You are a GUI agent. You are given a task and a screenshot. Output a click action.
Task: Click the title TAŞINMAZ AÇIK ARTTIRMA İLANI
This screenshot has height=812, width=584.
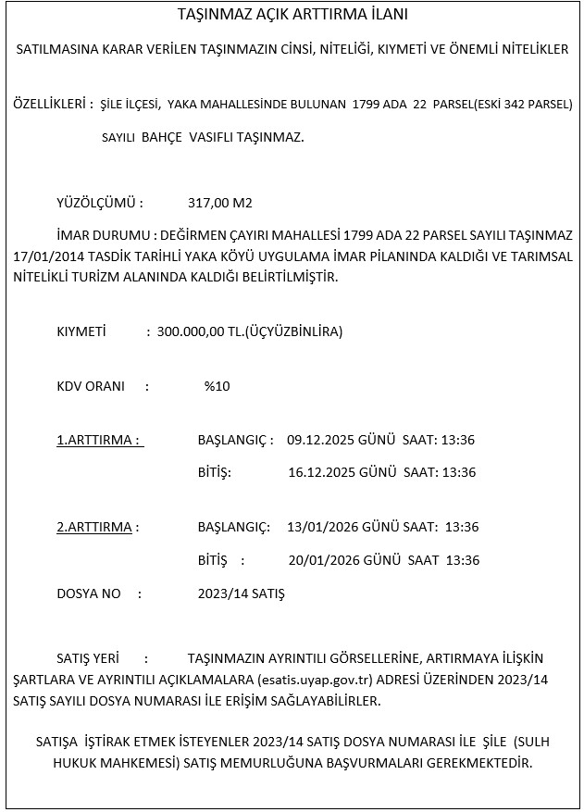292,16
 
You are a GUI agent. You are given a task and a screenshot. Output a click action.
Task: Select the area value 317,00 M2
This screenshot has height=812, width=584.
220,203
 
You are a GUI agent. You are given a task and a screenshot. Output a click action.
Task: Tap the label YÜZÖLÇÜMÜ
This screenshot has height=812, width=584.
99,203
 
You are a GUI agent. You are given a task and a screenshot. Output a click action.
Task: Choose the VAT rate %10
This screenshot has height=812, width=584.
217,386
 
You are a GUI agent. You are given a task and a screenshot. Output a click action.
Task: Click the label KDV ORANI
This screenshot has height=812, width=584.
91,386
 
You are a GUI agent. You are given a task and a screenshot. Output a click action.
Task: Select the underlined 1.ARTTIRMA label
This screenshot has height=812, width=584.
99,440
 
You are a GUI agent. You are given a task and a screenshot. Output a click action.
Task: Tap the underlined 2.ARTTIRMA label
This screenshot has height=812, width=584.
96,527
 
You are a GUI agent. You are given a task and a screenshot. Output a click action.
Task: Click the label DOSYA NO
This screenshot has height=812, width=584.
89,593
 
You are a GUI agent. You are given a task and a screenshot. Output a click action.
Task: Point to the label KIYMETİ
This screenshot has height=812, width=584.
81,331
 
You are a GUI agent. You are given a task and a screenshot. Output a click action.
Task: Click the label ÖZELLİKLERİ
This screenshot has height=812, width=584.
50,104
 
